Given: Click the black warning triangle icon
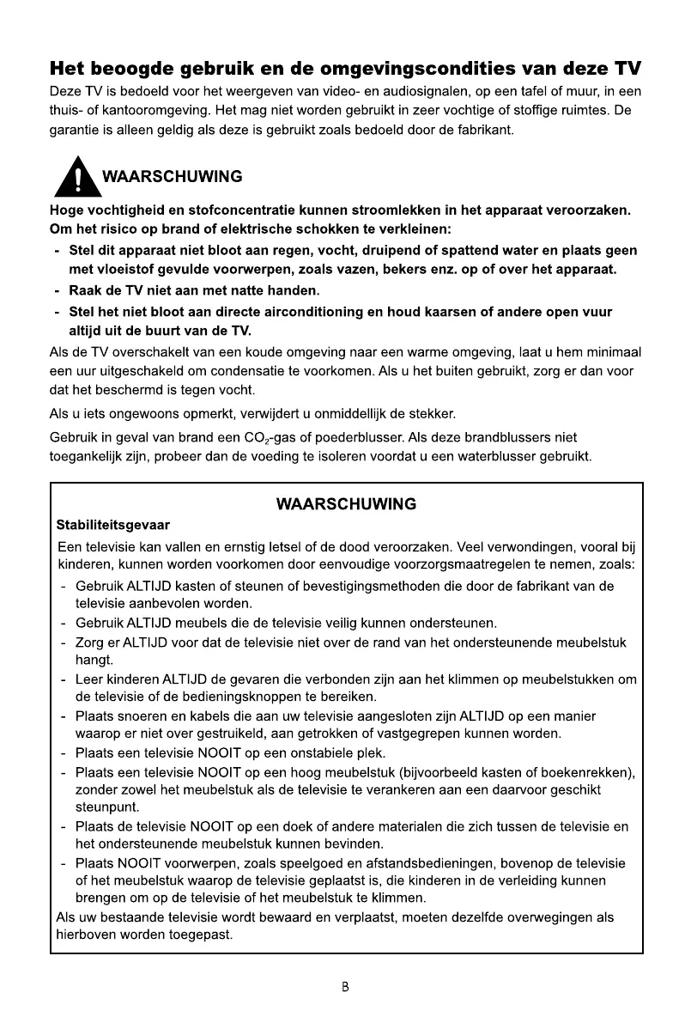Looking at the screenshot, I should [x=78, y=176].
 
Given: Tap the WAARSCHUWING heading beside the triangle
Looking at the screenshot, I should [x=172, y=177].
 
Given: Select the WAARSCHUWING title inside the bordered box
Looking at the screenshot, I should [x=346, y=504].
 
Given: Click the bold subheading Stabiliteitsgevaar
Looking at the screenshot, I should [x=112, y=523].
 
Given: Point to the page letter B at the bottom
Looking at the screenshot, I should [x=345, y=987].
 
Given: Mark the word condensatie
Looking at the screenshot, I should [x=289, y=372].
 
